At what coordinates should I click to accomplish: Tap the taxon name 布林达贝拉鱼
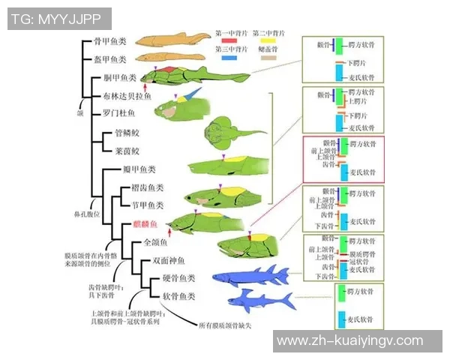(127, 96)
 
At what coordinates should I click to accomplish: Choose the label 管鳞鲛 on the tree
(124, 133)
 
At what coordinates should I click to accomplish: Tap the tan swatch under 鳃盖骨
(268, 57)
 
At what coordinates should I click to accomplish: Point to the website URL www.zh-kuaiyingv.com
(349, 341)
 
